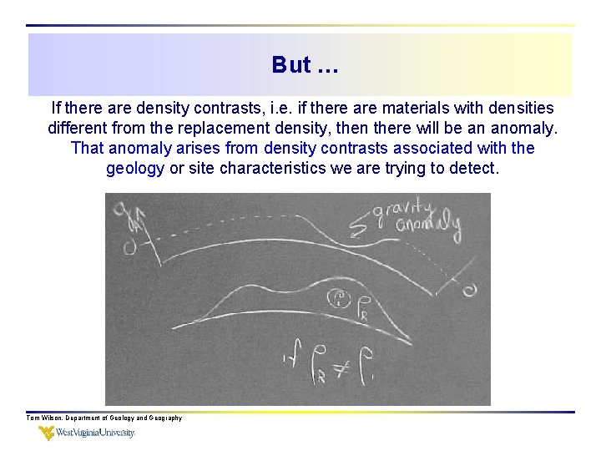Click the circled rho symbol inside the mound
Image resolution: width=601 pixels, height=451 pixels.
341,298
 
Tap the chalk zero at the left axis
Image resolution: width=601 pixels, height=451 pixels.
130,247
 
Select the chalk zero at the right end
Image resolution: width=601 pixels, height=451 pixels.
470,289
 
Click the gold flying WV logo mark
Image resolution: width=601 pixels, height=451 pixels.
48,433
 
